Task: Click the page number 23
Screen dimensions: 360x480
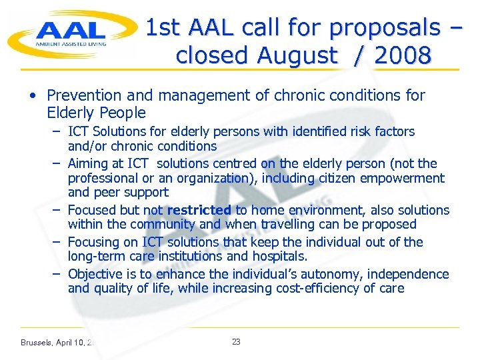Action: (236, 342)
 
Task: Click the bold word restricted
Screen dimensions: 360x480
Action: (199, 210)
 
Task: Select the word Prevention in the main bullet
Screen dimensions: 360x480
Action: (83, 96)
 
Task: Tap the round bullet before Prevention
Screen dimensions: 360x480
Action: (33, 96)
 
